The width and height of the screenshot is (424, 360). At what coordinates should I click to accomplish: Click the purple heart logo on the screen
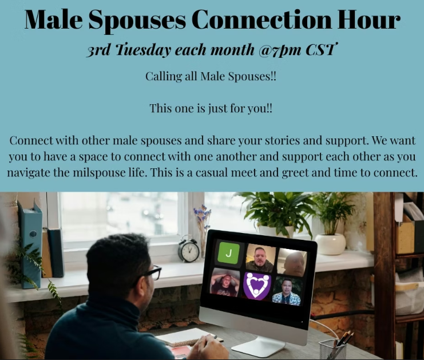(257, 285)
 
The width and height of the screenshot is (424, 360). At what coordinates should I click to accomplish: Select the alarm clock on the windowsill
(188, 250)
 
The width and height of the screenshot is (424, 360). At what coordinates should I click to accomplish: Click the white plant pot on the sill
(331, 243)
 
